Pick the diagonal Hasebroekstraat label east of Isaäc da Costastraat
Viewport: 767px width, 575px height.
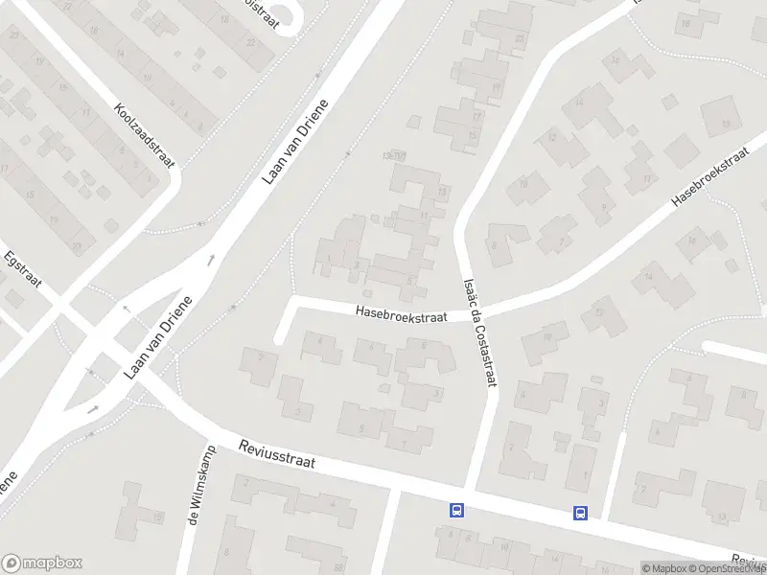tap(710, 176)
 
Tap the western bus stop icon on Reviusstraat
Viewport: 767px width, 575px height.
tap(456, 511)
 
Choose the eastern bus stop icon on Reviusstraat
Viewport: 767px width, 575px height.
tap(580, 513)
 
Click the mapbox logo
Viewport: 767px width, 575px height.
tap(41, 563)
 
